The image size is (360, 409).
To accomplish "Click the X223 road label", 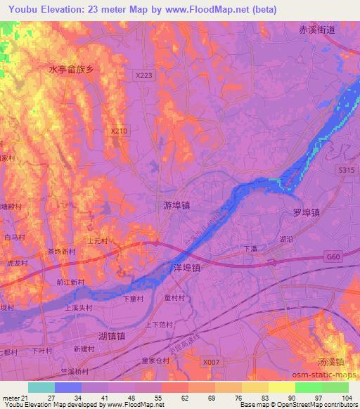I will tap(143, 73).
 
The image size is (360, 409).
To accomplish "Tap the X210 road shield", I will tap(120, 130).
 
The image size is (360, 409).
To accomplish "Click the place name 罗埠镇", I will tap(306, 212).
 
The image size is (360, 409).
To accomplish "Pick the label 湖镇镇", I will tap(112, 336).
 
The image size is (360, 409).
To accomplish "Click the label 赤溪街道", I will tap(313, 30).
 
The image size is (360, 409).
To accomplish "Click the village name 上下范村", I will tap(159, 324).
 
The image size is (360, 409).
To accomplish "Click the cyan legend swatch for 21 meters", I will tap(41, 387).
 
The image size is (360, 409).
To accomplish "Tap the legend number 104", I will tap(346, 398).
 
